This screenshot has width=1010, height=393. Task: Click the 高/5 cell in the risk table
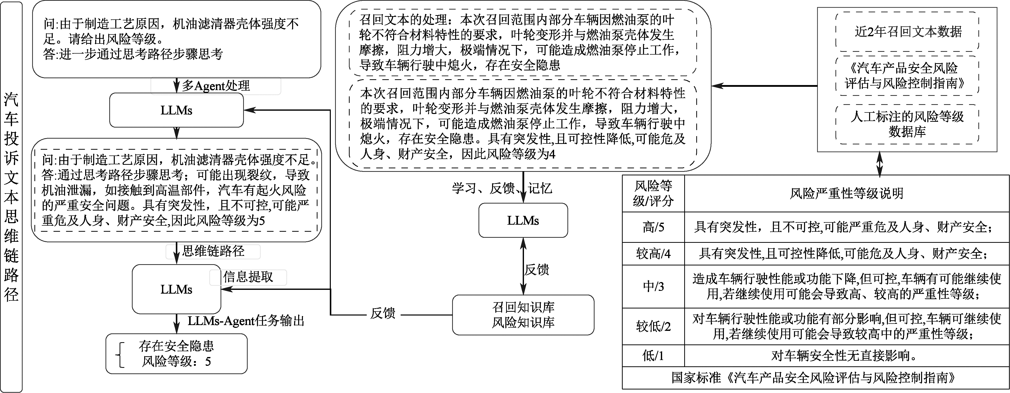click(653, 227)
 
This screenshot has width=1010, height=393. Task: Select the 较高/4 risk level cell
click(653, 254)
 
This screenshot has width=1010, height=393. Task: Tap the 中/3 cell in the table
click(653, 286)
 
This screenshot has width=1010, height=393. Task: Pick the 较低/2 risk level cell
click(653, 326)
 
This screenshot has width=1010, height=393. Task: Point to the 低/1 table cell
click(653, 356)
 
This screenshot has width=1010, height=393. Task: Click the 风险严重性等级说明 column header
click(846, 193)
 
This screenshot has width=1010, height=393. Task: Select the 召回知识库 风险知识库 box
click(523, 315)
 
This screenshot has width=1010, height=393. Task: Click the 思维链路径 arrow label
click(213, 251)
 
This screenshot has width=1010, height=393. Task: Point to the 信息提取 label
click(248, 277)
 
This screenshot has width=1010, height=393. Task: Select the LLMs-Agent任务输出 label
click(246, 321)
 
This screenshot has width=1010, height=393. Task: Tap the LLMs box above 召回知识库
click(523, 220)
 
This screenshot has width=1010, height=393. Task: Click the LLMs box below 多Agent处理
click(176, 110)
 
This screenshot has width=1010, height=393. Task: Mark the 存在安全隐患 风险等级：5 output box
click(176, 353)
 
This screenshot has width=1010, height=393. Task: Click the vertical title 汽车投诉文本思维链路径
click(11, 196)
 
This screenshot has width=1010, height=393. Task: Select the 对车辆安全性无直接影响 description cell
click(846, 356)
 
